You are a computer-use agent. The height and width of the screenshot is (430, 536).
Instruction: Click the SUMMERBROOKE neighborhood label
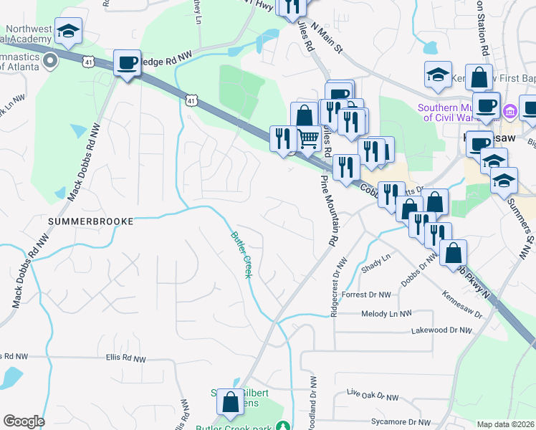pyautogui.click(x=90, y=222)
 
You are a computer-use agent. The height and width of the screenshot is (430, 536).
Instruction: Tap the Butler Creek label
pyautogui.click(x=241, y=255)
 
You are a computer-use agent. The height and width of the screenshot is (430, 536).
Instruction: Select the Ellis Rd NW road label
pyautogui.click(x=125, y=358)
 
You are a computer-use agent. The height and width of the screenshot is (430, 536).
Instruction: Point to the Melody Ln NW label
pyautogui.click(x=387, y=314)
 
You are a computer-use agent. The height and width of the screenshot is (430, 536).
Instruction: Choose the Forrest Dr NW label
pyautogui.click(x=367, y=295)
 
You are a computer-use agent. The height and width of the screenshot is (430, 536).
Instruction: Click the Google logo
pyautogui.click(x=24, y=421)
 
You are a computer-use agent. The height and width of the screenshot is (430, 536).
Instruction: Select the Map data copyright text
pyautogui.click(x=505, y=424)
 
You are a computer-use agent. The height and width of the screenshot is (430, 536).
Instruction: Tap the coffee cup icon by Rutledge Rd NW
pyautogui.click(x=127, y=63)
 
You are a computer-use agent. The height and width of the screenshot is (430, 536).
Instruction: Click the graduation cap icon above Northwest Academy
pyautogui.click(x=68, y=31)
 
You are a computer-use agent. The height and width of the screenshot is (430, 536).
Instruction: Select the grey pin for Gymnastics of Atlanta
pyautogui.click(x=50, y=61)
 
